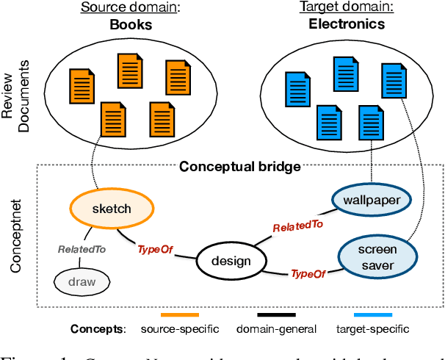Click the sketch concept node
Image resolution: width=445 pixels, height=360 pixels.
point(112,209)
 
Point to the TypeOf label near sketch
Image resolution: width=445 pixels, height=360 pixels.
point(155,250)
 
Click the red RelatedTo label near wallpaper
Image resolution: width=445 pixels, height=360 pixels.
point(297,228)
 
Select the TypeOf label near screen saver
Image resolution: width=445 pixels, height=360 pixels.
point(308,273)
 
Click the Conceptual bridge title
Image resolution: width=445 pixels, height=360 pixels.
point(239,167)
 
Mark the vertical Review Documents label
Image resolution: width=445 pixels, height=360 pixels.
point(18,96)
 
